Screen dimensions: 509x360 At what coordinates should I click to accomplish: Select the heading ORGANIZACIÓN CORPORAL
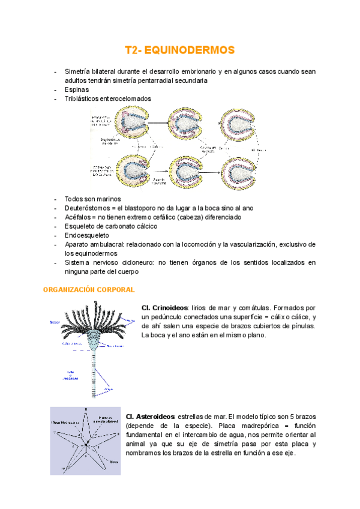[x=89, y=289]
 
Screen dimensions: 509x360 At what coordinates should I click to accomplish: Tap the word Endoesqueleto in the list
[x=87, y=235]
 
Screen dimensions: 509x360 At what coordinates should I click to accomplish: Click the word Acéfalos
[x=78, y=217]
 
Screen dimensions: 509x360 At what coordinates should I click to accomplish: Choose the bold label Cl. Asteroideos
[x=150, y=416]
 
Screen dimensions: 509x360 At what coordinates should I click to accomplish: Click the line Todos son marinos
[x=93, y=199]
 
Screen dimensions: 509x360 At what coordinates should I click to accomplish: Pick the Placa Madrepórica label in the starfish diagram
[x=65, y=421]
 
